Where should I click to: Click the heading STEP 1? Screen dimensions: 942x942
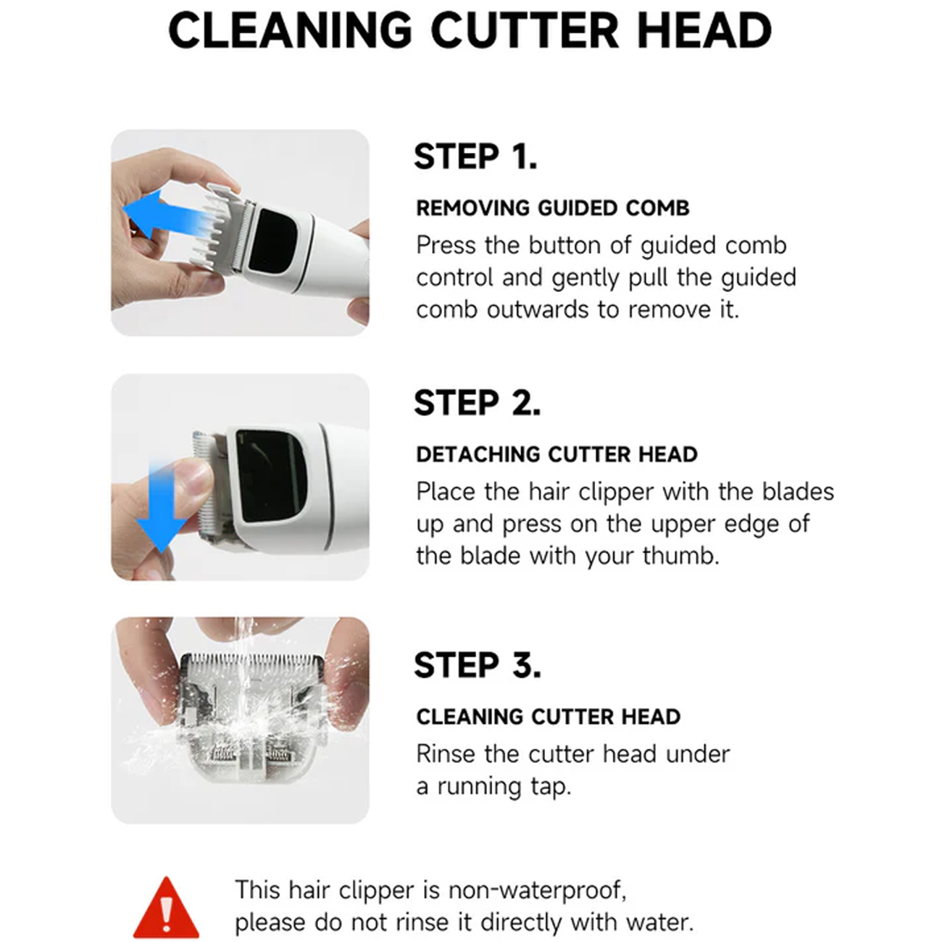pyautogui.click(x=475, y=157)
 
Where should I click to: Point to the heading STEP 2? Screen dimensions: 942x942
pyautogui.click(x=477, y=404)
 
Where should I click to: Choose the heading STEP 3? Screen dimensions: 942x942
pyautogui.click(x=478, y=665)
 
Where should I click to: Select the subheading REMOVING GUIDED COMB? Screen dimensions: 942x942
pyautogui.click(x=552, y=208)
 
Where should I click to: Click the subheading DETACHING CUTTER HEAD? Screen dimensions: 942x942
pyautogui.click(x=557, y=454)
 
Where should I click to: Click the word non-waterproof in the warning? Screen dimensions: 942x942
pyautogui.click(x=537, y=890)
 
